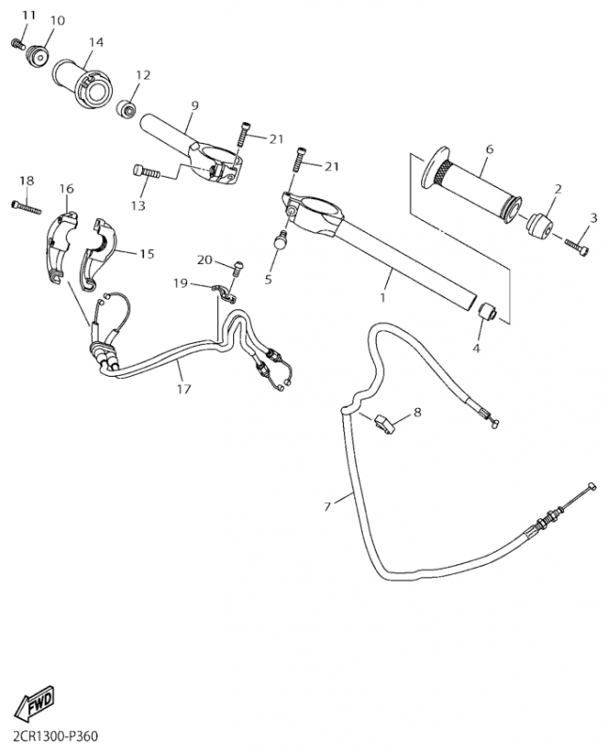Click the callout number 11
click(27, 16)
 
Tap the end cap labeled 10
click(38, 55)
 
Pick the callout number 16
click(67, 189)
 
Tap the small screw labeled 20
click(237, 270)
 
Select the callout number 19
click(180, 282)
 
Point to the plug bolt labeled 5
click(280, 243)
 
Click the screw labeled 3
click(577, 245)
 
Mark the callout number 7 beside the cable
click(327, 508)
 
